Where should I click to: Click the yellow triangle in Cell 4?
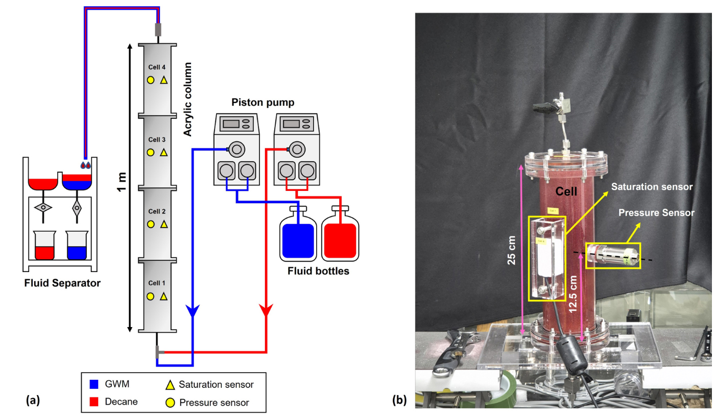point(164,80)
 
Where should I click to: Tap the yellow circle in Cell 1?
point(151,296)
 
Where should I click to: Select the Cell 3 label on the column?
point(157,139)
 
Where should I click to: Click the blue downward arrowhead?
point(192,310)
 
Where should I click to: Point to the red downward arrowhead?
point(266,310)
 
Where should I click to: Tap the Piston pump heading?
point(263,103)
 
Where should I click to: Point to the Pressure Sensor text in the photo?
point(656,213)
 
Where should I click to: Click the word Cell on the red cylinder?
point(567,192)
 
